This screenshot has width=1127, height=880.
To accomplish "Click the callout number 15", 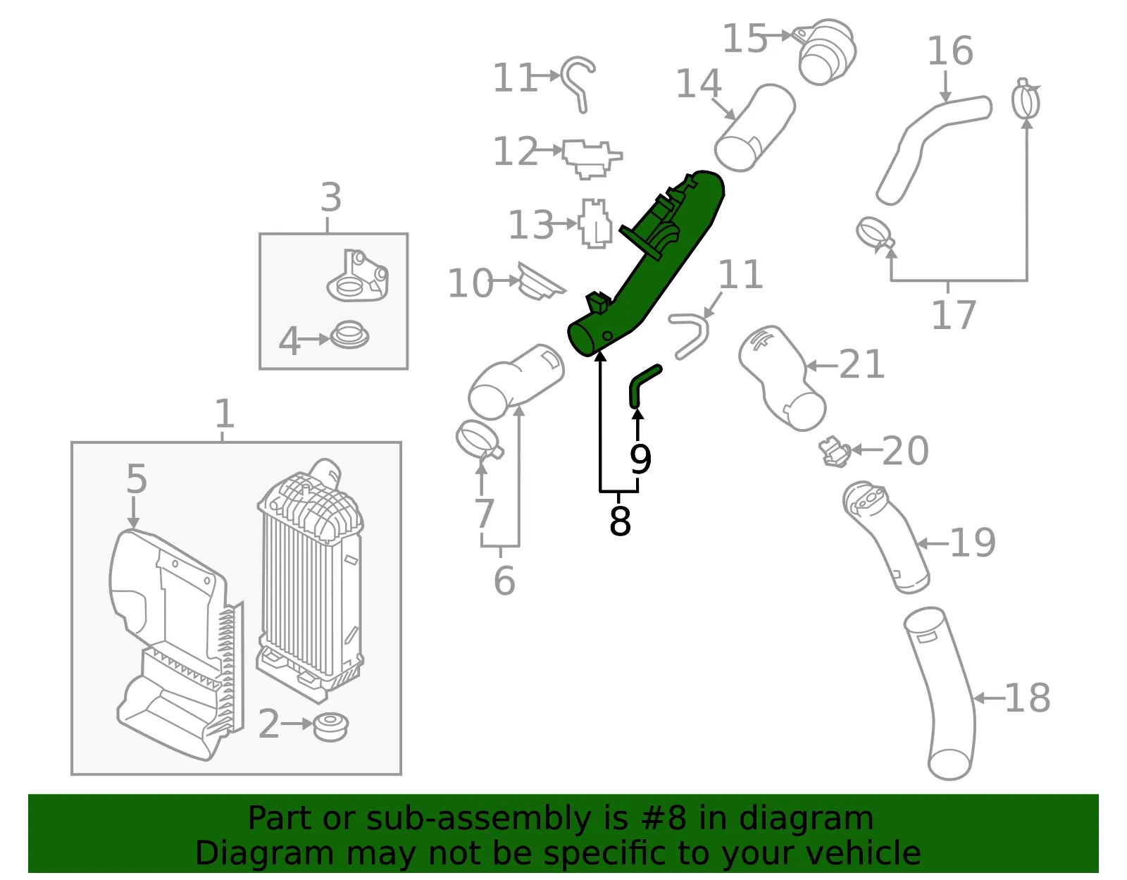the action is click(745, 38).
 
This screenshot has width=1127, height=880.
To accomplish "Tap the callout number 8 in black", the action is click(621, 521).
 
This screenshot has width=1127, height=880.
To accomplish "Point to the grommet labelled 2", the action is click(330, 727).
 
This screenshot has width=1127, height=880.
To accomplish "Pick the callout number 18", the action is click(1028, 698).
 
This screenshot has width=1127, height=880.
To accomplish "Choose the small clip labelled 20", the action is click(833, 452).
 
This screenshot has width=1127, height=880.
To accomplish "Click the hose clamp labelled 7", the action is click(479, 440).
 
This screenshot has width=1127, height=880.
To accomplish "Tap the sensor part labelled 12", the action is click(591, 158).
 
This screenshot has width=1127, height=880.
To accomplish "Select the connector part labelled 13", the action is click(595, 223).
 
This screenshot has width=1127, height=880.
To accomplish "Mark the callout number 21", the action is click(861, 364).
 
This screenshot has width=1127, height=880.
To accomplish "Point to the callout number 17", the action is click(953, 315).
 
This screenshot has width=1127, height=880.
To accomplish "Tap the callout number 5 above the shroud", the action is click(137, 478).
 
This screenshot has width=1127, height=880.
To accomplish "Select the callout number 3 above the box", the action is click(331, 197).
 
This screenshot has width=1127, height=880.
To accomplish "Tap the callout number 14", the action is click(699, 83).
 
